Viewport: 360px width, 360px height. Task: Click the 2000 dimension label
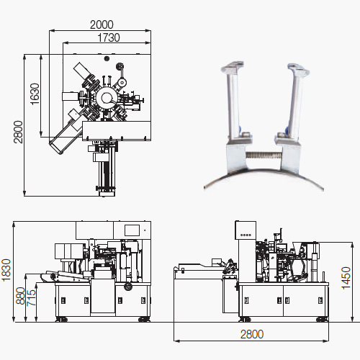102,24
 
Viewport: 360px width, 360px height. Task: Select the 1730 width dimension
109,37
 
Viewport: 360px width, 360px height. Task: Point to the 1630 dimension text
35,94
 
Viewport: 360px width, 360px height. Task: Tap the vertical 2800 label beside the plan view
18,132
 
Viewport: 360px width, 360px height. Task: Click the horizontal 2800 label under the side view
252,334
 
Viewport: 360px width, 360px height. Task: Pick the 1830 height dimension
6,270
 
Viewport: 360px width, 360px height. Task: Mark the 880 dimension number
20,296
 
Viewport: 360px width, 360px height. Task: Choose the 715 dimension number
31,298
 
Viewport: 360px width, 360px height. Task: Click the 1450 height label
346,278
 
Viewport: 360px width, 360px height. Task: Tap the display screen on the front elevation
132,230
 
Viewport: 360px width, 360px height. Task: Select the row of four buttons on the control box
246,235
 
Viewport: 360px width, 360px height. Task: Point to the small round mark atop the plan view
107,58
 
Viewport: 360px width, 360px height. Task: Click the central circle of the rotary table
107,97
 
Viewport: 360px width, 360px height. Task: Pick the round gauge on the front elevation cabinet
127,287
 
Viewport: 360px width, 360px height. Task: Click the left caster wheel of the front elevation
61,320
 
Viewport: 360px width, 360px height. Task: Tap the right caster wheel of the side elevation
322,320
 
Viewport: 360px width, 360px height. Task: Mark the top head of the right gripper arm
299,69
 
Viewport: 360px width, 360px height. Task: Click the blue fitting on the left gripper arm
239,130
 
